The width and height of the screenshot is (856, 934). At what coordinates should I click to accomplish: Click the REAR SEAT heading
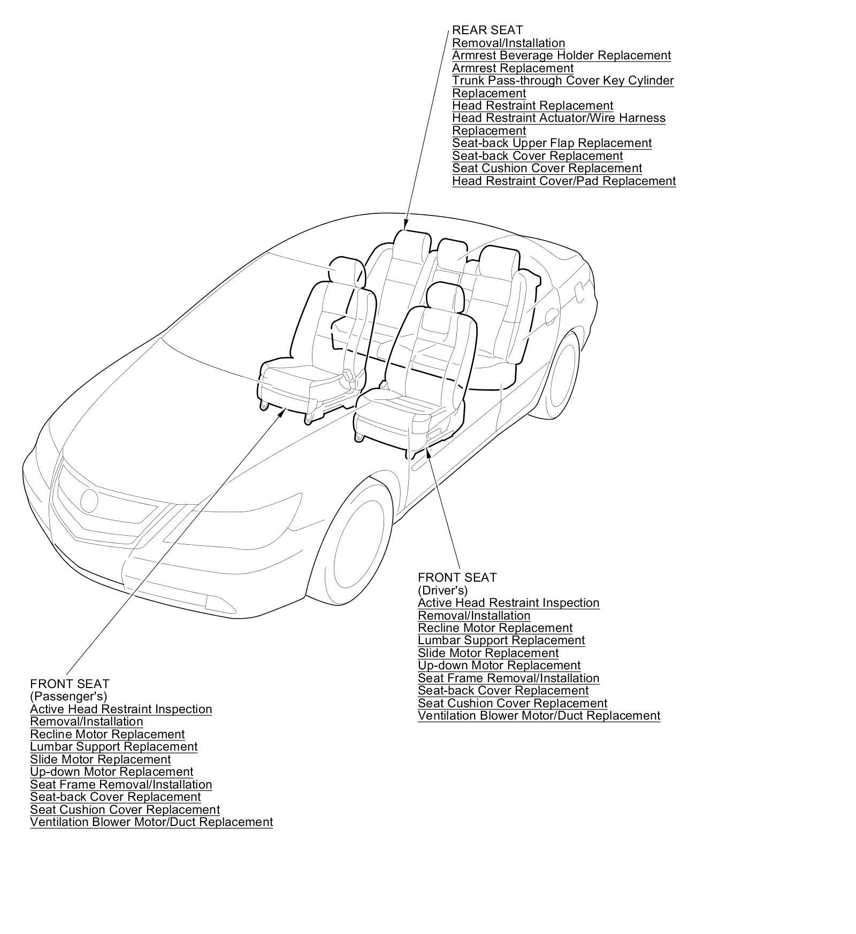[487, 30]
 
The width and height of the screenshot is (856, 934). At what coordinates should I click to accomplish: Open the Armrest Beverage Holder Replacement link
[561, 56]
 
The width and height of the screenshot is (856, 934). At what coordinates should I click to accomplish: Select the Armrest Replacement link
[513, 68]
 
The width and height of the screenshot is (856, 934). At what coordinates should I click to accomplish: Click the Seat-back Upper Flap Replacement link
[552, 143]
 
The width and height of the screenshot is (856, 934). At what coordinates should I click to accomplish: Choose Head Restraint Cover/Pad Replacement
[564, 181]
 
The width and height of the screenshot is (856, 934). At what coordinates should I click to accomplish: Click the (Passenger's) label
[68, 697]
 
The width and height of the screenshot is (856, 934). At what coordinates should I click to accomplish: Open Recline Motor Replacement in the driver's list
[495, 628]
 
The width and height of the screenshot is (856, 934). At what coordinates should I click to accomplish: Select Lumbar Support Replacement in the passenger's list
[113, 747]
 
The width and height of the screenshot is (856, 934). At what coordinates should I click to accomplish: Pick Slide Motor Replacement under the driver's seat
[488, 653]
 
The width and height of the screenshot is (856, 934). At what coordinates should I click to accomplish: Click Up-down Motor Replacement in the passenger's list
[111, 772]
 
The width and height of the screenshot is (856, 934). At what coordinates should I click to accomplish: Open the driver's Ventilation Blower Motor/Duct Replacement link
[539, 716]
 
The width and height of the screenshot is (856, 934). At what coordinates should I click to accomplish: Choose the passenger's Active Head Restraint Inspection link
[121, 709]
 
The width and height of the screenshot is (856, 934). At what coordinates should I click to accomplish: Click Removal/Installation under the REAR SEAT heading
[508, 43]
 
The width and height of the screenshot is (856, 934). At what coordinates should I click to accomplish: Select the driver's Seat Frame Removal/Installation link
[508, 678]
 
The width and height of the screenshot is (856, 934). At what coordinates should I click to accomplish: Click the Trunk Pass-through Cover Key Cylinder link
[563, 81]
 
